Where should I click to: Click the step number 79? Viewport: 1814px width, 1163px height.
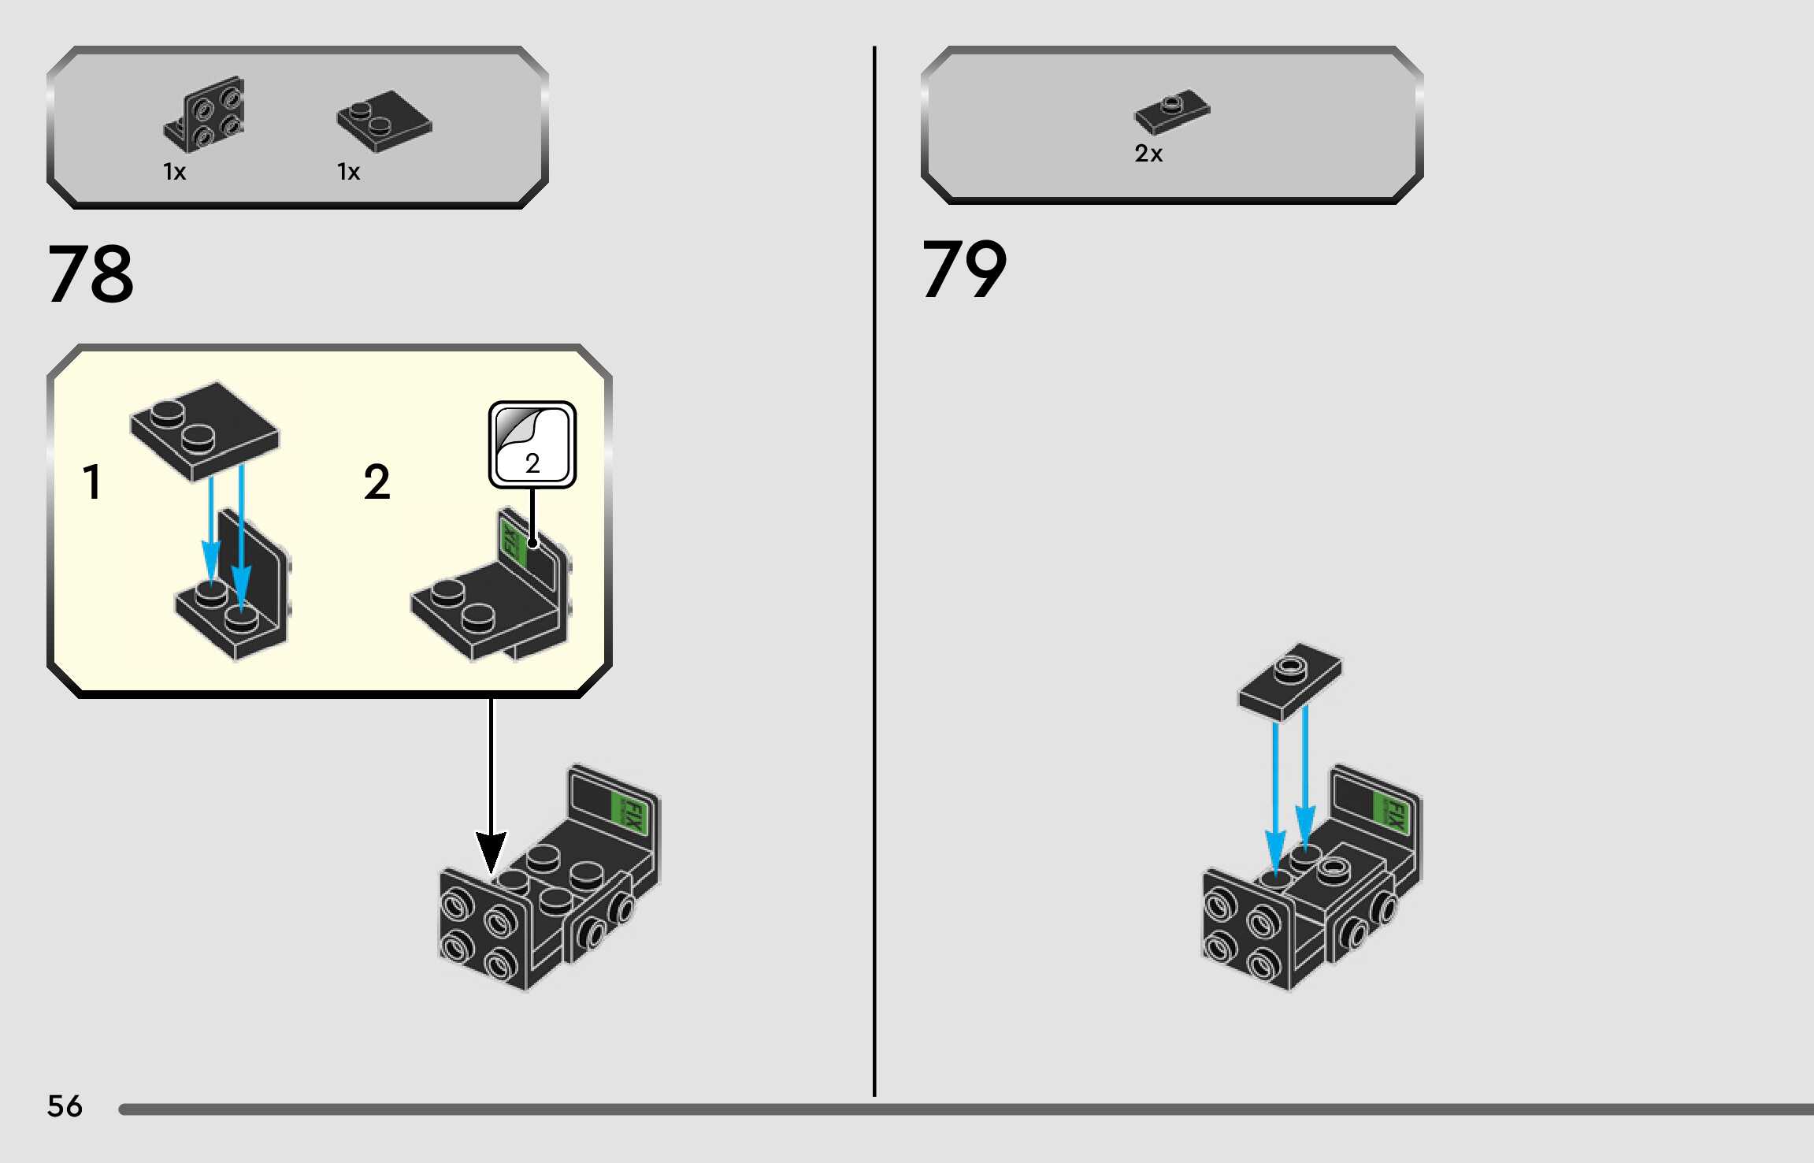pos(964,270)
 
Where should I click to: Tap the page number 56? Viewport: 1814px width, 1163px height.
pos(65,1106)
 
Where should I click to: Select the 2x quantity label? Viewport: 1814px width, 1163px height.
pos(1148,154)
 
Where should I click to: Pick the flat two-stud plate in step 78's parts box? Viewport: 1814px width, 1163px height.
pos(384,121)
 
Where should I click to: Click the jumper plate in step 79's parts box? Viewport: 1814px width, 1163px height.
pos(1172,112)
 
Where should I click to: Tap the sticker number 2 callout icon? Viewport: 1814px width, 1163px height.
pos(532,444)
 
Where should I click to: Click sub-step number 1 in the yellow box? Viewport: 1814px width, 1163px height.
pos(92,481)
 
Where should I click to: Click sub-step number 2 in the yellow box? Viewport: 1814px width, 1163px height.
pos(377,481)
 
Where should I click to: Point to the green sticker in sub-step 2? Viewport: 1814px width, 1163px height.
pos(513,541)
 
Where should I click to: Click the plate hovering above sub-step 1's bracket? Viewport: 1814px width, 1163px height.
pos(204,430)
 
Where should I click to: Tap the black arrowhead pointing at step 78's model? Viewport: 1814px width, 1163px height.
pos(491,853)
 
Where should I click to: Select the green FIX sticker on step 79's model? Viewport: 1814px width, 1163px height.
pos(1390,812)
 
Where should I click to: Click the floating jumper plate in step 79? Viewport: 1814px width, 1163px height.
pos(1290,680)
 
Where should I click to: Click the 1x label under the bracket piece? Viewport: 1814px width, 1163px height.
pos(174,172)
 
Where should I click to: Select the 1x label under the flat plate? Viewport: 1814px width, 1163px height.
pos(348,172)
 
